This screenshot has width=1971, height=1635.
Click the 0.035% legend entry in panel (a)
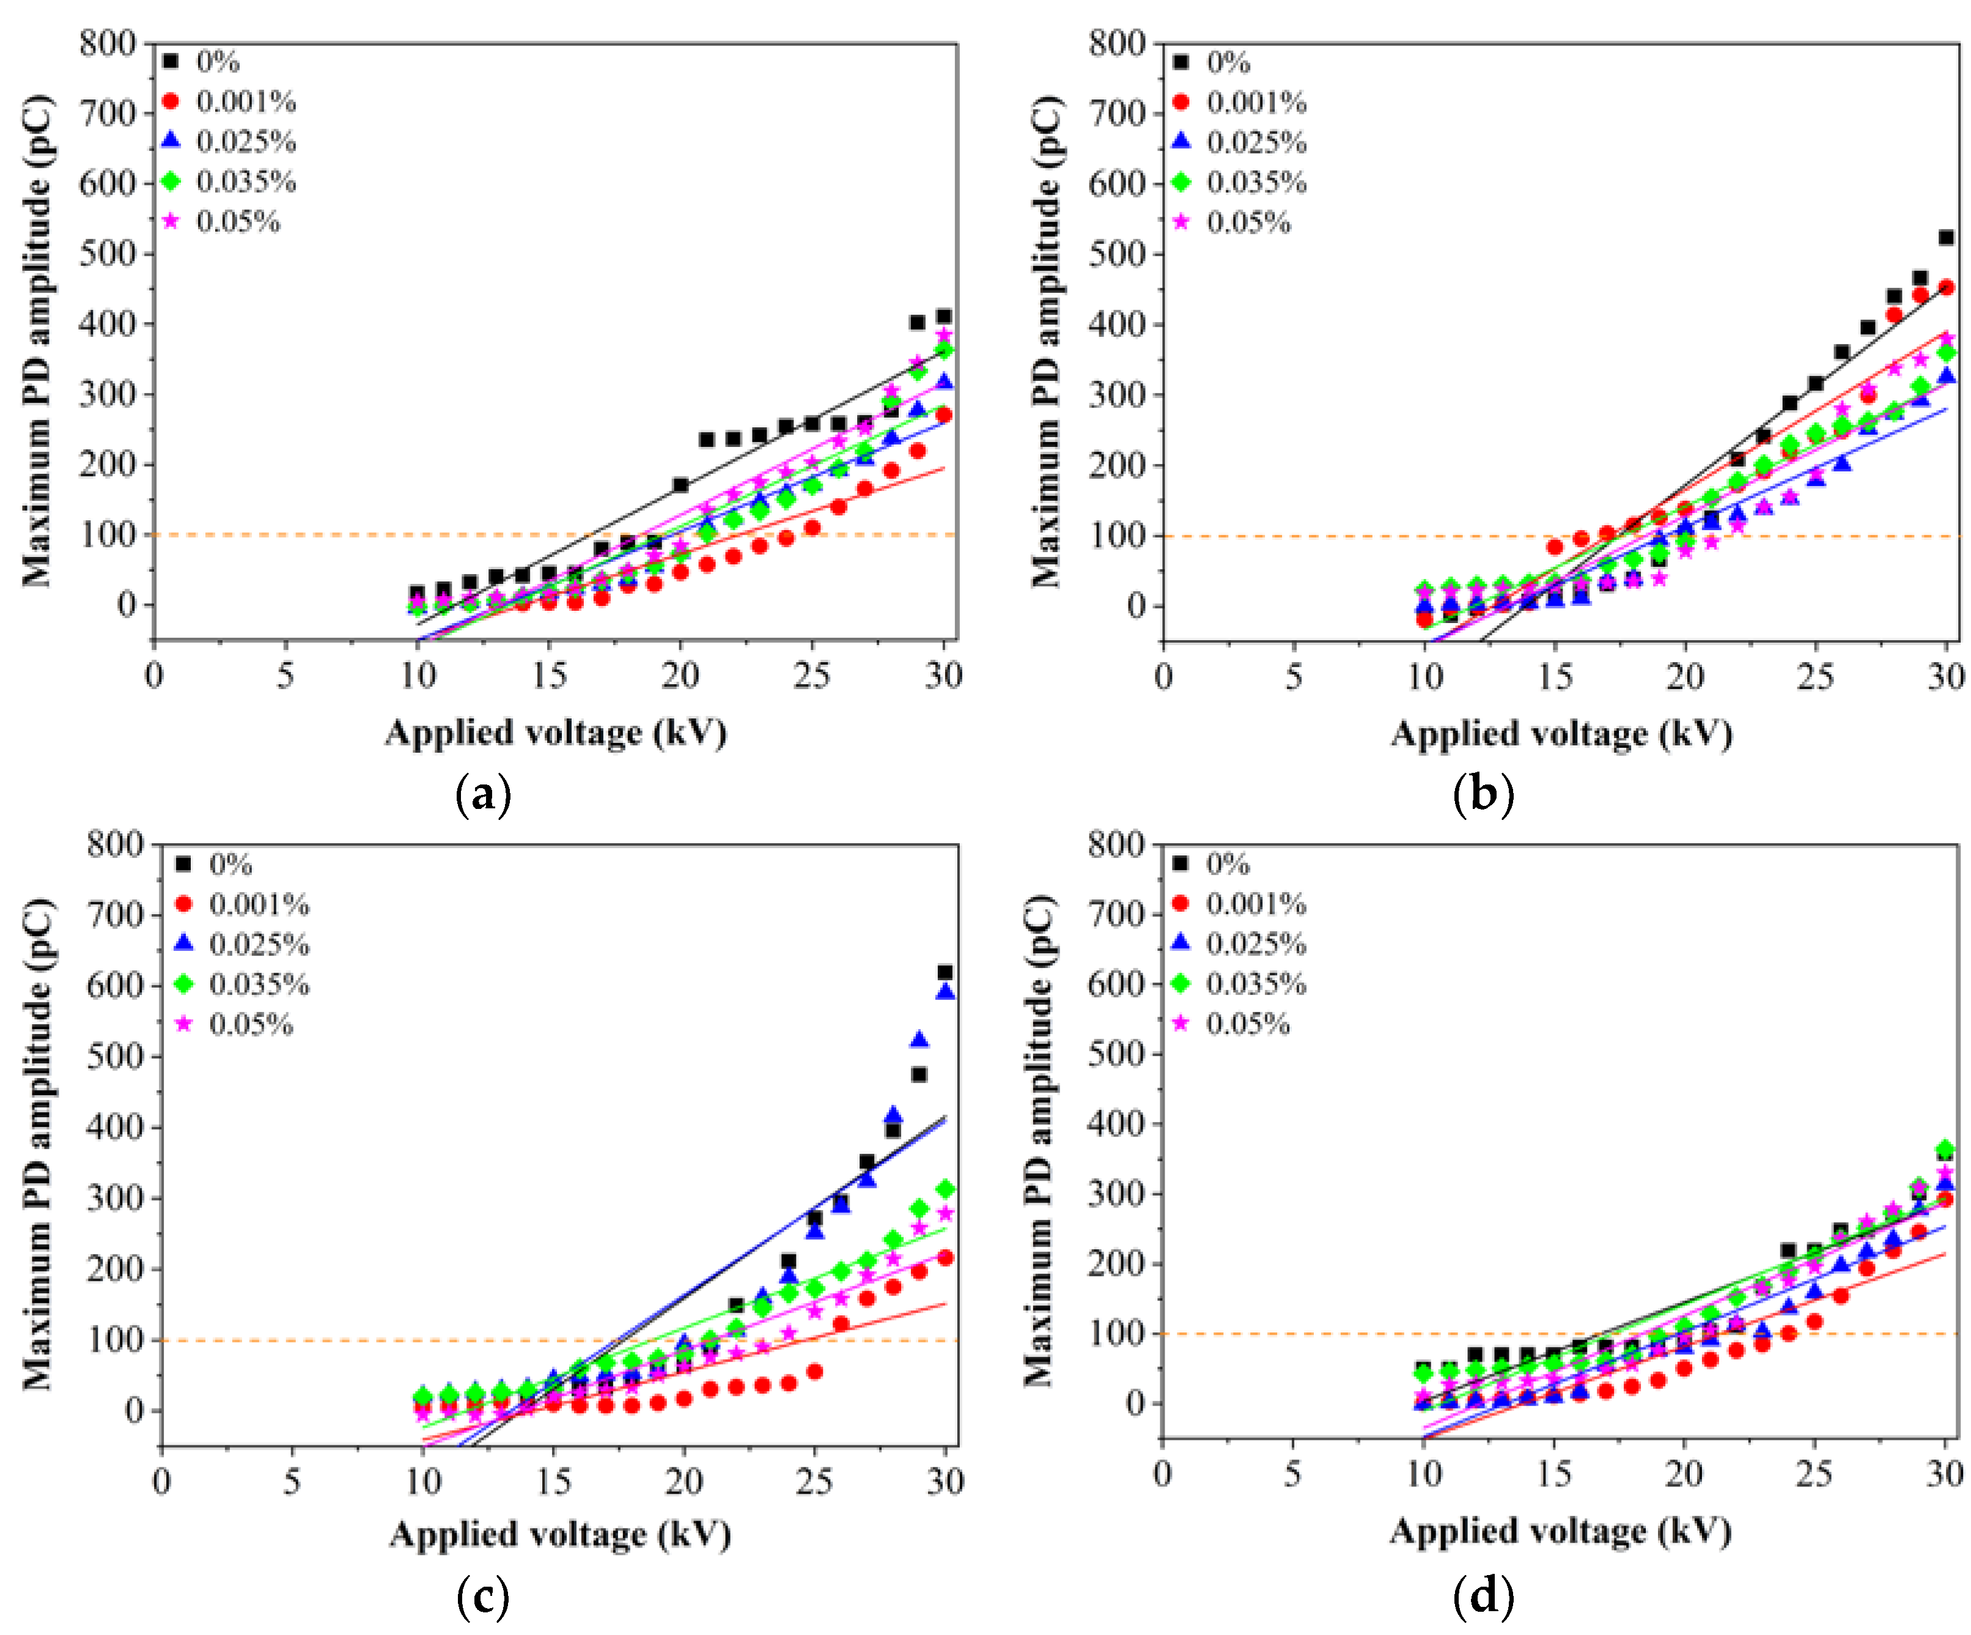point(230,181)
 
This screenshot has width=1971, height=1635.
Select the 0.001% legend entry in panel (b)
point(1240,102)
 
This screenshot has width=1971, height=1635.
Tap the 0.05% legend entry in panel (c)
point(235,1024)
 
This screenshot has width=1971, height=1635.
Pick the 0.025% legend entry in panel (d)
point(1240,943)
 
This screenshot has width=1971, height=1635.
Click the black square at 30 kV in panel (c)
point(945,972)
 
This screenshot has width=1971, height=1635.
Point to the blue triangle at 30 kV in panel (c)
point(946,992)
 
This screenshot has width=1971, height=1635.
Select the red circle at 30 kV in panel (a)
point(944,415)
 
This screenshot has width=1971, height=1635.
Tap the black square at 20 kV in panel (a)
point(680,485)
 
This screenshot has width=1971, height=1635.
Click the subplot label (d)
point(1483,1596)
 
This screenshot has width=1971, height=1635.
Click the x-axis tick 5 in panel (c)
point(292,1481)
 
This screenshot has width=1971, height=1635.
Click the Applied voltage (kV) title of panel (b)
point(1561,733)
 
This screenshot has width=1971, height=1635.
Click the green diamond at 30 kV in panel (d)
point(1946,1150)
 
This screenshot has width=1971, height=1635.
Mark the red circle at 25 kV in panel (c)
point(815,1371)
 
